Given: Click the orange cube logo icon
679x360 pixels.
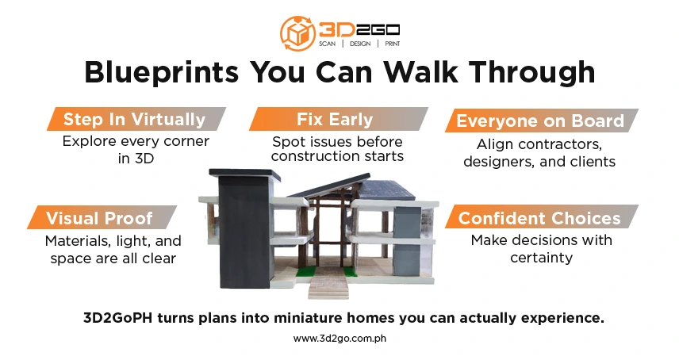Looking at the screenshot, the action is (x=297, y=33).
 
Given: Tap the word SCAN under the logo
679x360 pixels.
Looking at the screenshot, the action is (x=327, y=44).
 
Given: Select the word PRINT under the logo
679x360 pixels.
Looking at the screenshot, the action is (x=393, y=44).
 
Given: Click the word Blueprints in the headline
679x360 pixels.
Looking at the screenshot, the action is (x=161, y=72).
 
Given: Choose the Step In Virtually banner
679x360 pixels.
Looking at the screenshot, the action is (x=136, y=119).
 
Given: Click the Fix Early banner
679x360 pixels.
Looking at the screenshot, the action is (x=338, y=119).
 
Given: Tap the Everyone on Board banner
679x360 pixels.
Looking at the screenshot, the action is (x=541, y=121).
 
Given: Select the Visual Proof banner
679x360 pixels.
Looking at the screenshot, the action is (x=102, y=217).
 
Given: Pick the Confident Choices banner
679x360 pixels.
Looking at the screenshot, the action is (x=541, y=216).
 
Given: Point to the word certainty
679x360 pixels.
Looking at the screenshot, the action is (x=541, y=258).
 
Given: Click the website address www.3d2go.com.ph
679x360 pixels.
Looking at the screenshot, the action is (x=339, y=339).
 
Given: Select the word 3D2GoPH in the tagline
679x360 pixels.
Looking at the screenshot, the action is (x=117, y=318).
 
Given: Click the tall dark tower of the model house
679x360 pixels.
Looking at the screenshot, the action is (x=244, y=229).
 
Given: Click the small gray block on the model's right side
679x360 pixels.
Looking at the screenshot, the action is (x=407, y=241).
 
